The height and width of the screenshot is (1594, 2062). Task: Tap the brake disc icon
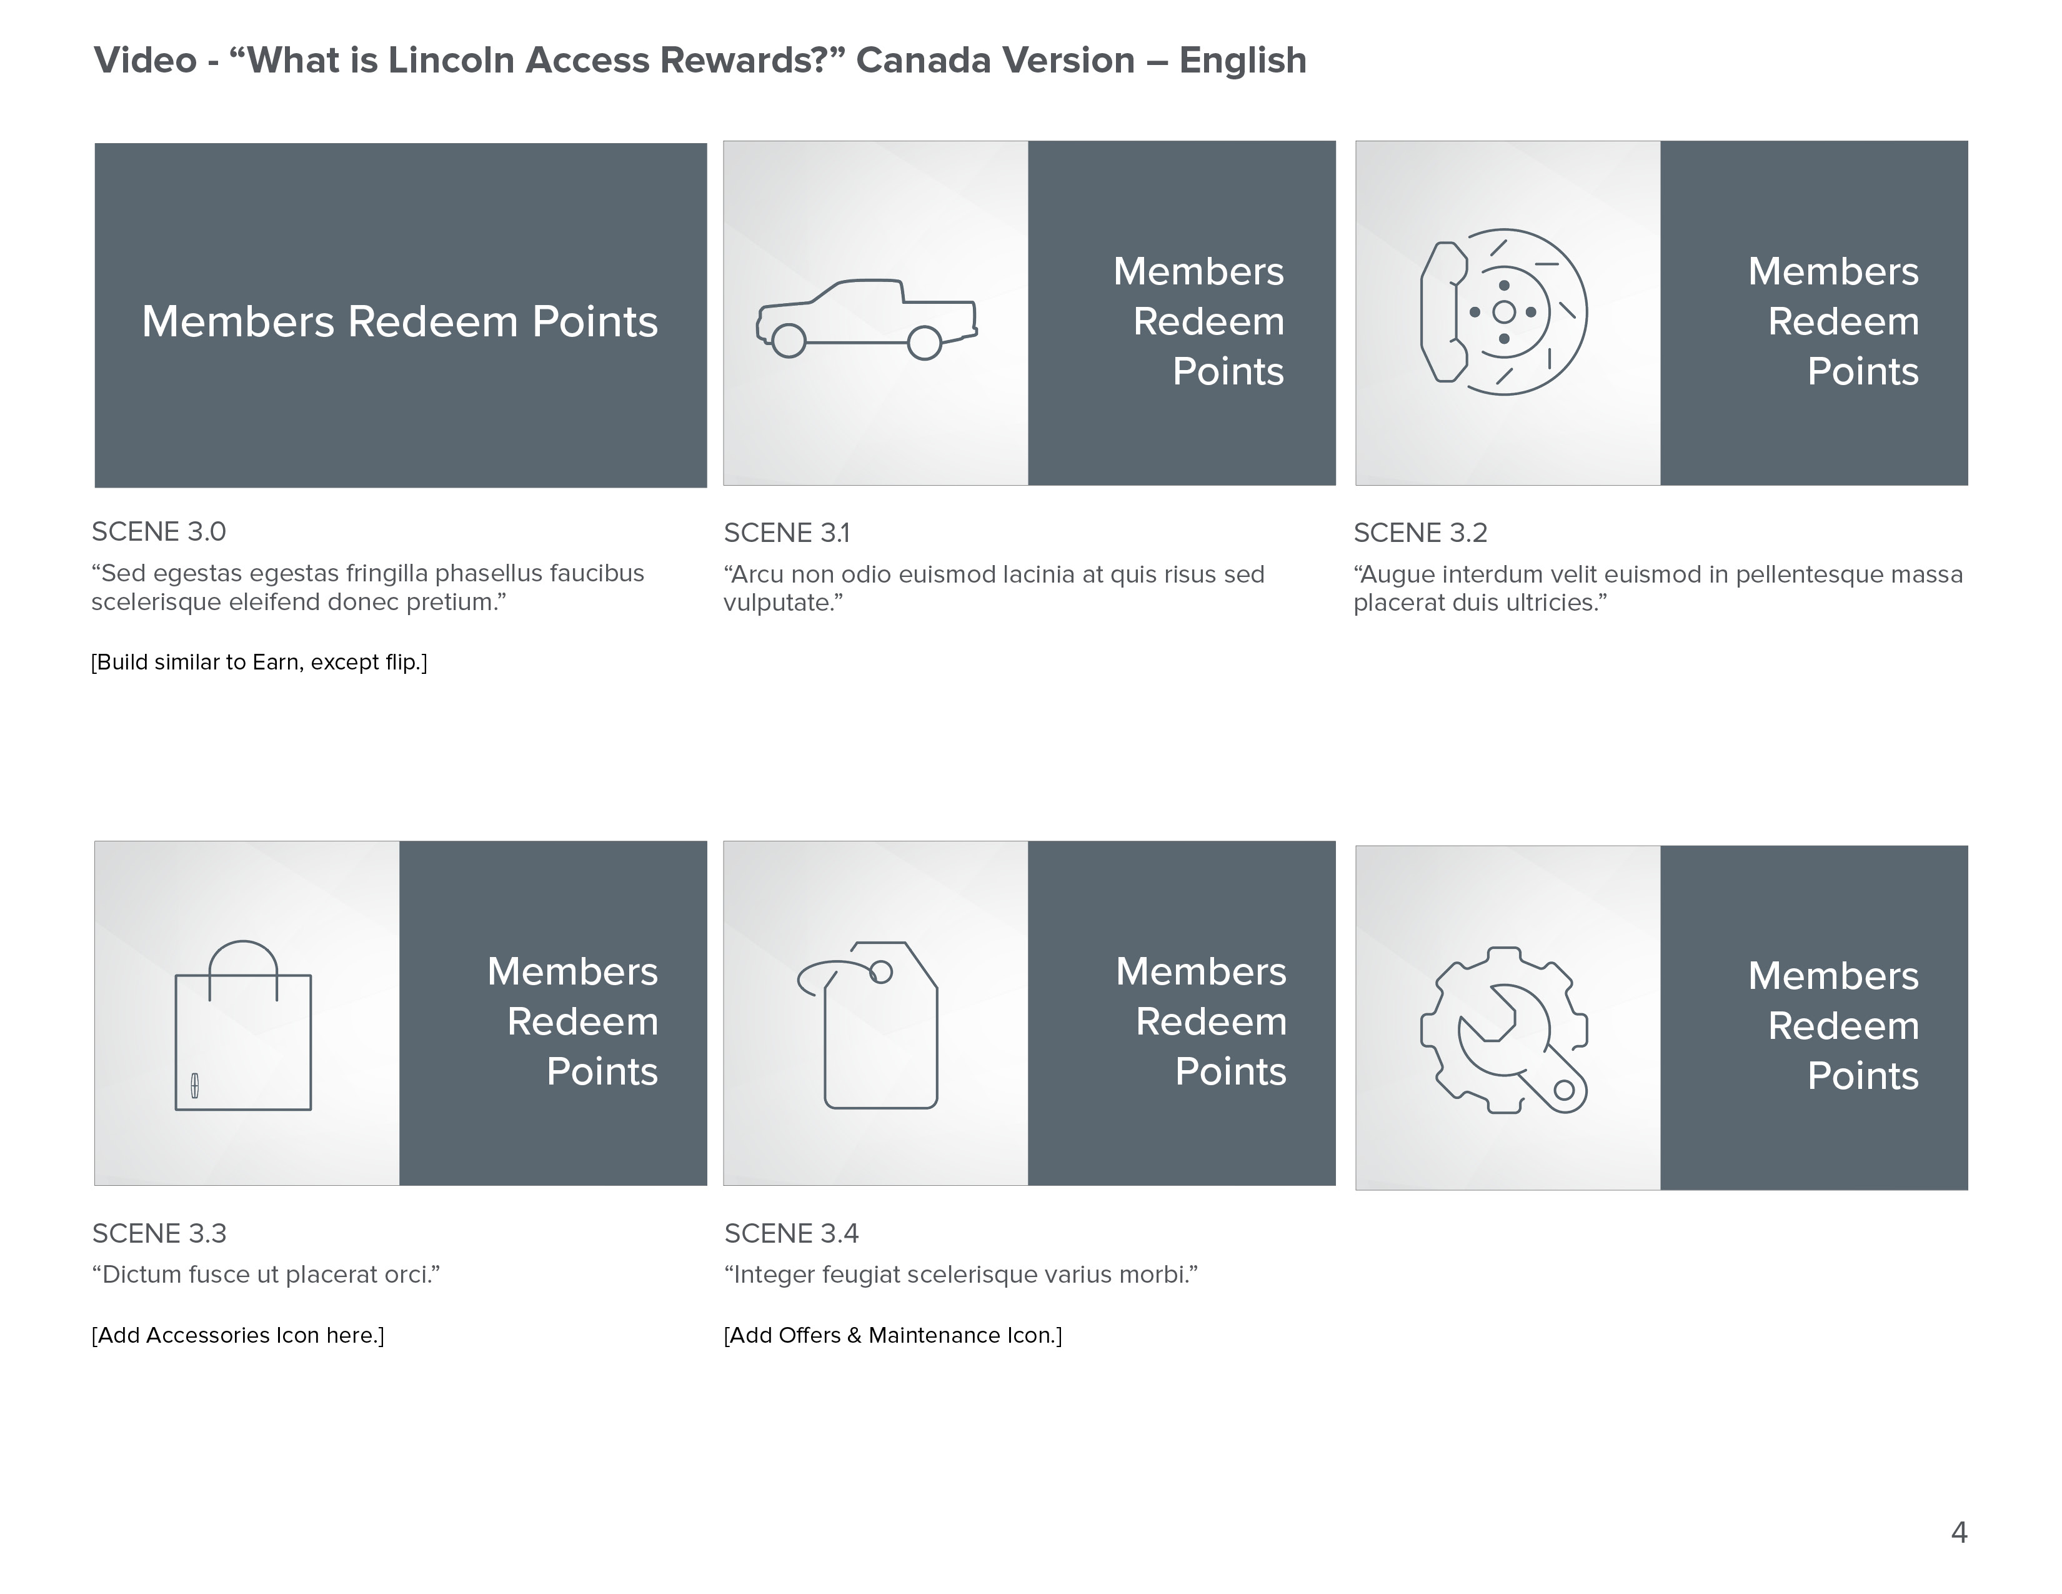[x=1504, y=312]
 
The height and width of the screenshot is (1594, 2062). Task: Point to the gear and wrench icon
[x=1504, y=1030]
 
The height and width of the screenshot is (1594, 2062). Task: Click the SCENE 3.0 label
[x=159, y=532]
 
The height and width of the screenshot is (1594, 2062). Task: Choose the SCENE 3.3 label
[x=159, y=1233]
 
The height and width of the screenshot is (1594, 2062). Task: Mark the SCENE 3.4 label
[x=791, y=1233]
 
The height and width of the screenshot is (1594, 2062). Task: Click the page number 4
[x=1959, y=1531]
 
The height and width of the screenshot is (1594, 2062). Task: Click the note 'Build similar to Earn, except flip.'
[x=259, y=662]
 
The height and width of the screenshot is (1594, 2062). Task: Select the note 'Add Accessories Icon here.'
[x=238, y=1335]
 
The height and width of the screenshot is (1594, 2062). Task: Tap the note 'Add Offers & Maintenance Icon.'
[x=892, y=1335]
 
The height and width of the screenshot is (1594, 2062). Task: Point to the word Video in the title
[x=146, y=61]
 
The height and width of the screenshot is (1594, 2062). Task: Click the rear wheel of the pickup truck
[x=924, y=343]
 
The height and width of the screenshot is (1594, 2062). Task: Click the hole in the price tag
[x=881, y=971]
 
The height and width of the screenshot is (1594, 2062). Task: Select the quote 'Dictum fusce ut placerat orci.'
[x=266, y=1275]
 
